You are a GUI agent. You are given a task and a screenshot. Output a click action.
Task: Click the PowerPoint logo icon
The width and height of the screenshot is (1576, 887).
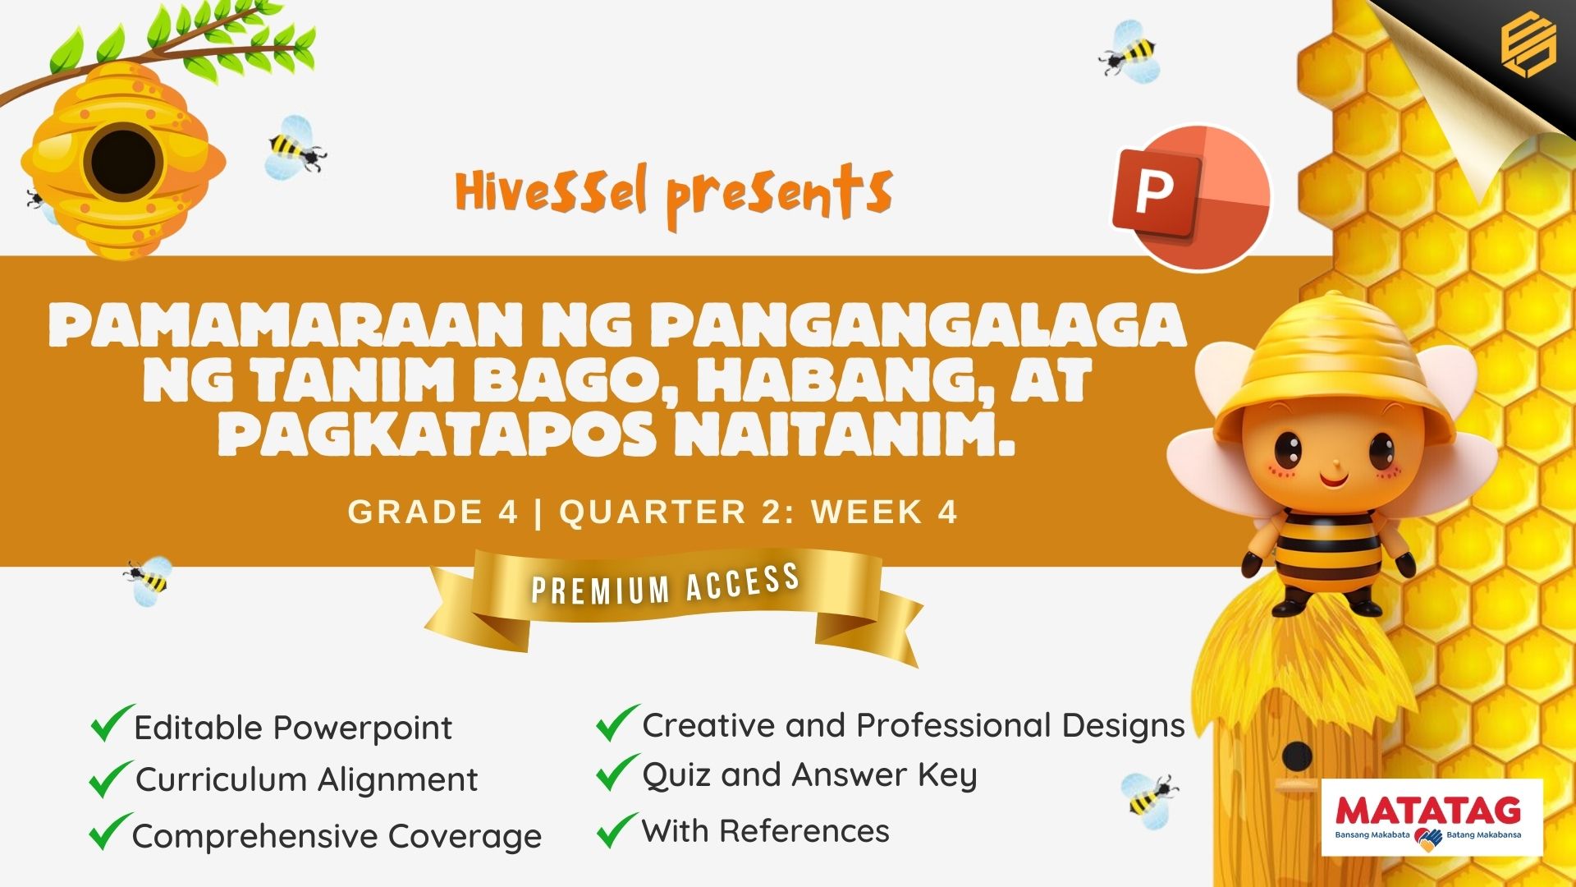(1191, 198)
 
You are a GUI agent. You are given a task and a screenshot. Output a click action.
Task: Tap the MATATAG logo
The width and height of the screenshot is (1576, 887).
(1432, 817)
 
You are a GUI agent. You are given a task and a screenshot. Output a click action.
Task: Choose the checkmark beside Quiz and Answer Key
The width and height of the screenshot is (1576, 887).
(617, 772)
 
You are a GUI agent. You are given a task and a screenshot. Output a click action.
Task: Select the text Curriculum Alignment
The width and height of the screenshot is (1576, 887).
(306, 779)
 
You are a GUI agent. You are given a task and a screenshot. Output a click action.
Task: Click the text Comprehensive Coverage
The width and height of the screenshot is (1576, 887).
(337, 836)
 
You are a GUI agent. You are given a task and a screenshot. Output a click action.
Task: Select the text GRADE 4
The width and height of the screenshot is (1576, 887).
(433, 512)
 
